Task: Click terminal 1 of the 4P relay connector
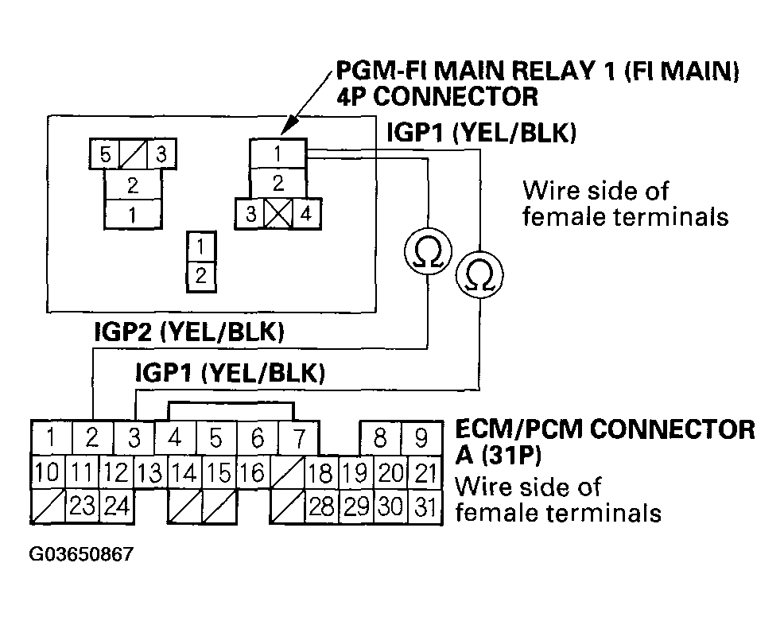[278, 153]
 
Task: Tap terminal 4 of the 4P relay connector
[306, 214]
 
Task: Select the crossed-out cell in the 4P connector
[278, 214]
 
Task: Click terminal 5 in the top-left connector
[104, 154]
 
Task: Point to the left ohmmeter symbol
[428, 250]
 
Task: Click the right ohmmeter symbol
[479, 274]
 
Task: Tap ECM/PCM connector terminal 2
[92, 437]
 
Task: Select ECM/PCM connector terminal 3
[134, 437]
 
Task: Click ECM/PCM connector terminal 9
[421, 437]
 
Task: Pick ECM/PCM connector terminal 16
[253, 472]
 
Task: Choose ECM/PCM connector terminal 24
[117, 506]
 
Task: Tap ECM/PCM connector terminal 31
[425, 506]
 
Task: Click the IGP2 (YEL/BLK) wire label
[189, 332]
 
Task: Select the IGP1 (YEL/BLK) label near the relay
[482, 133]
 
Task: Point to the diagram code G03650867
[81, 553]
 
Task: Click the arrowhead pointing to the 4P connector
[288, 127]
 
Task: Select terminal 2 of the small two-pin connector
[201, 276]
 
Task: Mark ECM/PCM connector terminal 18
[320, 472]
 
